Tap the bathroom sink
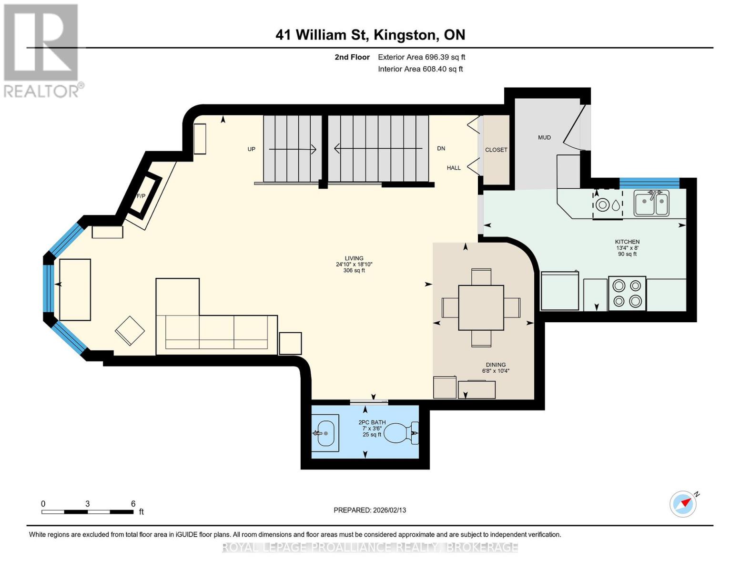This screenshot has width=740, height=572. tap(325, 433)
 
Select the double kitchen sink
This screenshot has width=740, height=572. tap(651, 203)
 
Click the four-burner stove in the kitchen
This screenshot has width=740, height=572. tap(627, 294)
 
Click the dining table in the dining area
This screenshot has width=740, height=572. tap(481, 307)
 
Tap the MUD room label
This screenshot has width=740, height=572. tap(544, 137)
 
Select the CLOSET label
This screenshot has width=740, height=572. tap(496, 150)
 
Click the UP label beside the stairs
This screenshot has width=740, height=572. tap(251, 149)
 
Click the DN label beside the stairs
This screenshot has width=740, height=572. tap(441, 148)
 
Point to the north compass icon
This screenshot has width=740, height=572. tap(683, 504)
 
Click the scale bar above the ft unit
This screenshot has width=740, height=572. tap(88, 512)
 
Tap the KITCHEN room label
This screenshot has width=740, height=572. tap(627, 242)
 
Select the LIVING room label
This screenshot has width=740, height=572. tap(354, 258)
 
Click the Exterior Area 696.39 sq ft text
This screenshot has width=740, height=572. tap(421, 57)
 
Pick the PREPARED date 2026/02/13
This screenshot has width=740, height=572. tap(370, 510)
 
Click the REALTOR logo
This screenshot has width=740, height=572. tap(42, 50)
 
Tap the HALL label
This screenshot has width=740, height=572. tap(454, 168)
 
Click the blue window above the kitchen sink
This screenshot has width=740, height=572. tap(649, 183)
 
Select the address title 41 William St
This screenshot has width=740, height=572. tap(370, 35)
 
